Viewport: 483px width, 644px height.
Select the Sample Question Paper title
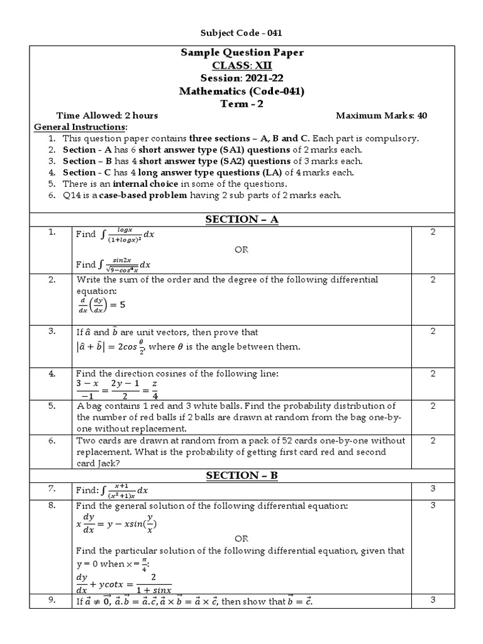(x=241, y=53)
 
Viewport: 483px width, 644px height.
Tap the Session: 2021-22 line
(x=241, y=78)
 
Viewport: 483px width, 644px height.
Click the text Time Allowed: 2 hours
(x=107, y=116)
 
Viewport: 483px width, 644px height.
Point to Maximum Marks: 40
(x=382, y=116)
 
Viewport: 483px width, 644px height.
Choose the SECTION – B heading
(x=241, y=475)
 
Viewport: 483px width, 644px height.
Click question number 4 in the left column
(x=52, y=374)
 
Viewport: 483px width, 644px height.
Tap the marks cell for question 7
(x=433, y=489)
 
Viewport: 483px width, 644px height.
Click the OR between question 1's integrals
(x=241, y=249)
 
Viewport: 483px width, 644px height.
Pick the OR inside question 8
(x=241, y=538)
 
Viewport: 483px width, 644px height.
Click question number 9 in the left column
(x=52, y=600)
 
